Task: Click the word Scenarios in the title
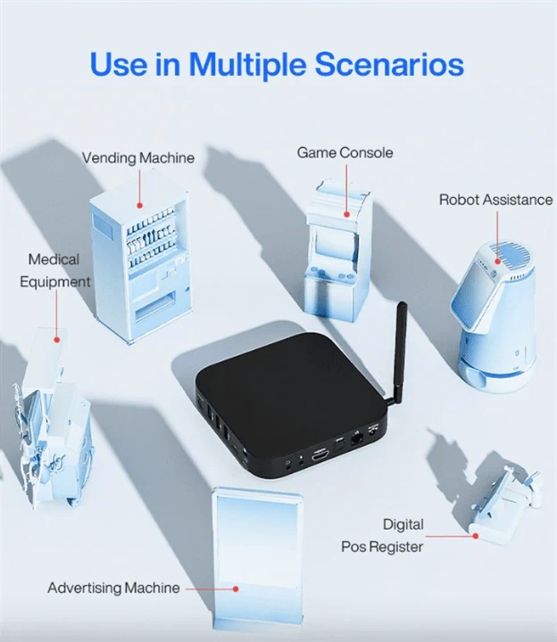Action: click(x=389, y=64)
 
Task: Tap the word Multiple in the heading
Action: click(x=247, y=65)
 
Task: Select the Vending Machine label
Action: click(x=138, y=158)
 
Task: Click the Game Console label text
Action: click(x=345, y=152)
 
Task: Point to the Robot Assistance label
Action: click(x=496, y=200)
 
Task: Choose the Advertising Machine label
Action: click(x=113, y=588)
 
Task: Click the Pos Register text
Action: click(x=382, y=547)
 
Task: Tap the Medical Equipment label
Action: click(x=55, y=271)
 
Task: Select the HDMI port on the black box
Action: click(x=320, y=455)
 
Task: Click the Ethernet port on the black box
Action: click(x=356, y=440)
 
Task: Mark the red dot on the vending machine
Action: click(x=139, y=206)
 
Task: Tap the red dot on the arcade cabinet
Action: click(x=346, y=214)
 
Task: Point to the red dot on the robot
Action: click(x=497, y=260)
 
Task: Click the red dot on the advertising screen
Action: click(x=236, y=588)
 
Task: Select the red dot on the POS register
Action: click(x=476, y=536)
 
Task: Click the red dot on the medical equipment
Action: click(x=57, y=340)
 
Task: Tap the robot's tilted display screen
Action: click(x=470, y=291)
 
